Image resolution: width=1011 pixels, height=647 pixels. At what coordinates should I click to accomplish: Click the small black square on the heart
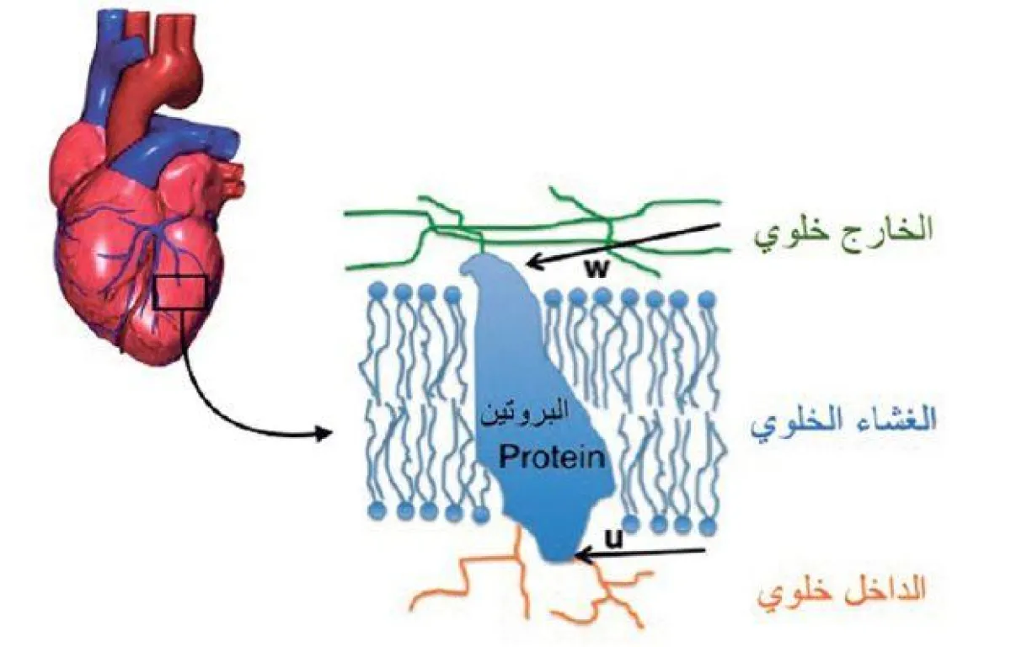point(180,291)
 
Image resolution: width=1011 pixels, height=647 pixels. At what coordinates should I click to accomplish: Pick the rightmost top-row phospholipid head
point(708,297)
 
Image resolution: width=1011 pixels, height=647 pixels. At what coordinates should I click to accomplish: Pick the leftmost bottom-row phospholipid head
point(377,511)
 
